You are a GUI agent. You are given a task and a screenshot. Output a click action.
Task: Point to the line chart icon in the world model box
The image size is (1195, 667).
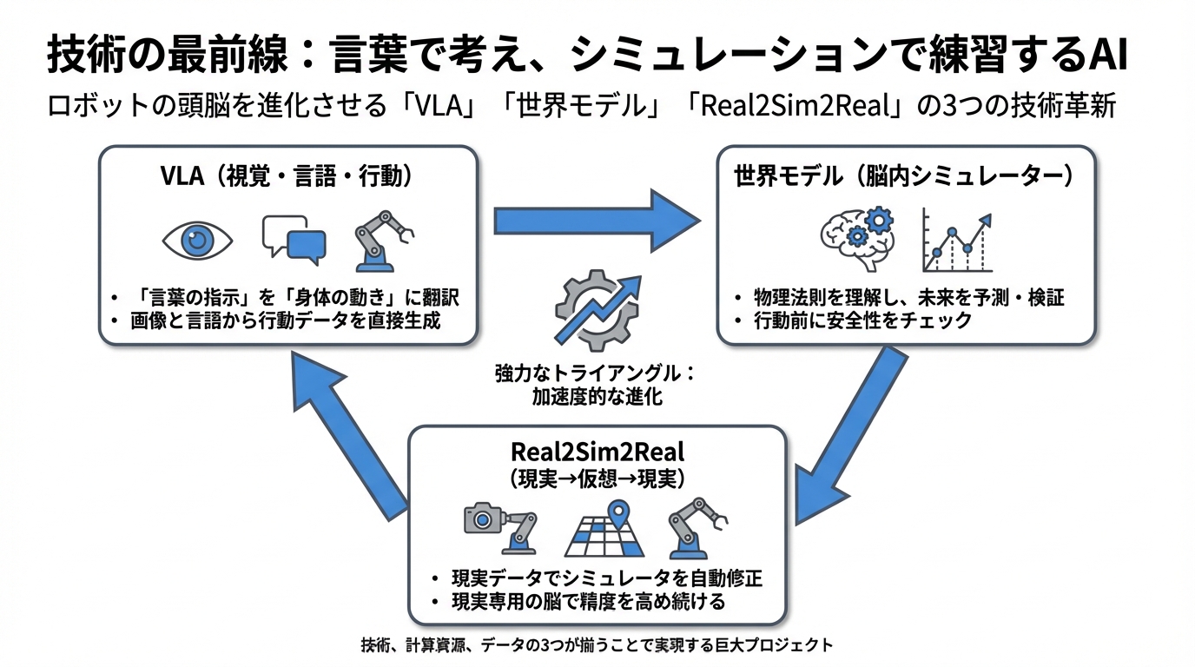point(956,240)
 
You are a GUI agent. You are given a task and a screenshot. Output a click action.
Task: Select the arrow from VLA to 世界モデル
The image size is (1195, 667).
point(596,221)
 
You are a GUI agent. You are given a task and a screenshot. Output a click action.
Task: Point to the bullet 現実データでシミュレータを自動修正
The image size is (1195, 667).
point(606,578)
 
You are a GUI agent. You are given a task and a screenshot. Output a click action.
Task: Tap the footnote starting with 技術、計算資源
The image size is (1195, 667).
point(597,645)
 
